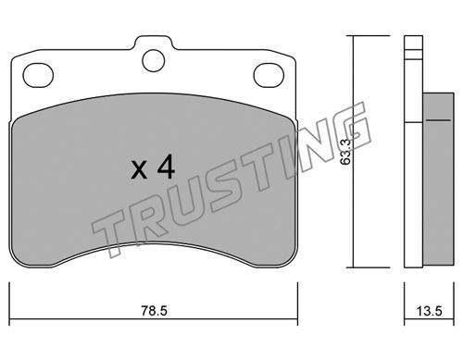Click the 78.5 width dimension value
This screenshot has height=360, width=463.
coord(154,311)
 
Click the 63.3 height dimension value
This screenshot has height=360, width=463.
coord(345,152)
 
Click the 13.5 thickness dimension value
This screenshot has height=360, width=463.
coord(430,311)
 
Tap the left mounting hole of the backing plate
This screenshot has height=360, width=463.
coord(38,75)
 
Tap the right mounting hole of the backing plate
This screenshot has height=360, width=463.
coord(269,75)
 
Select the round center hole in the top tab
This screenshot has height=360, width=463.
coord(154,60)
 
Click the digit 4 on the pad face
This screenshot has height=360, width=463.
coord(166,168)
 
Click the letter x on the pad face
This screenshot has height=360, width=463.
coord(139,171)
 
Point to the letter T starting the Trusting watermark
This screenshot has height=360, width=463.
coord(108,233)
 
